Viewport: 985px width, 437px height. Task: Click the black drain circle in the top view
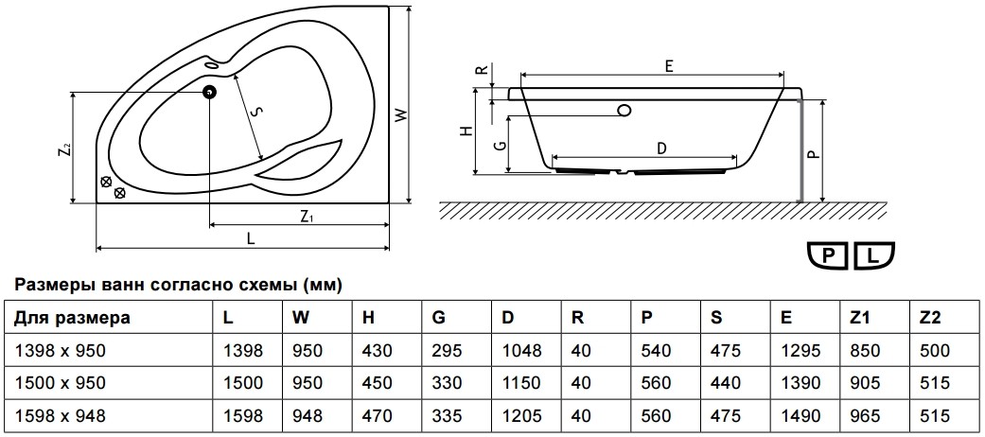tap(209, 93)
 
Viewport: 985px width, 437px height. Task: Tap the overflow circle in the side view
tap(624, 111)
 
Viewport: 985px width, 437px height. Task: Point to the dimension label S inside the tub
tap(255, 112)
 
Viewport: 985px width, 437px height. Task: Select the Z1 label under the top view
tap(307, 218)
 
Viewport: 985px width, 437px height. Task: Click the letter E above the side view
tap(669, 65)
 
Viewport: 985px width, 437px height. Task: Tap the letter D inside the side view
tap(660, 149)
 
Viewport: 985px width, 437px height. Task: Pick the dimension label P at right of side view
tap(813, 154)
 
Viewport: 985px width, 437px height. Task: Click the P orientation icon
tap(829, 255)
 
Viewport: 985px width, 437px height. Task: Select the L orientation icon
tap(873, 255)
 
